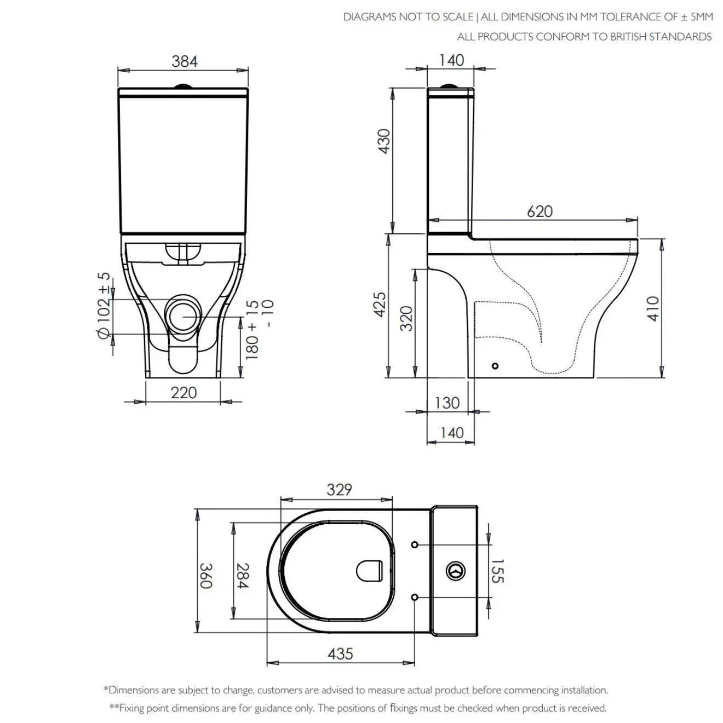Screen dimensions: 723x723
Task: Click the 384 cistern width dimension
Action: coord(184,61)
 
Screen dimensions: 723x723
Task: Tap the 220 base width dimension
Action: coord(183,393)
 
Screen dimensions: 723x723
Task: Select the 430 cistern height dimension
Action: coord(384,141)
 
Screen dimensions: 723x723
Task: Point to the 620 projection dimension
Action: coord(540,211)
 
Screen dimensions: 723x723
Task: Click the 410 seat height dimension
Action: coord(653,308)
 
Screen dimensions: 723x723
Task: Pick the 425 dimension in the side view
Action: coord(380,305)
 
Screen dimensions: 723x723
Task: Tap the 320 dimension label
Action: coord(406,319)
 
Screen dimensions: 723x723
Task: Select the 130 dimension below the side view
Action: coord(447,403)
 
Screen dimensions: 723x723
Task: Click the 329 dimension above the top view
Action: coord(339,490)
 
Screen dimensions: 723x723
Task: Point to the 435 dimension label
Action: coord(340,654)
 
